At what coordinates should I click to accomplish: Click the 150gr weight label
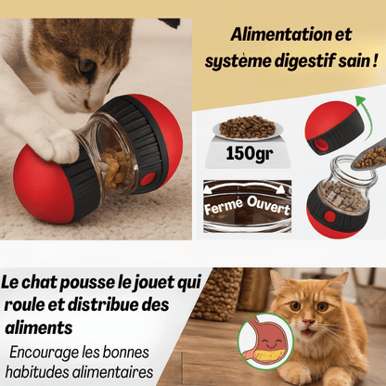250,153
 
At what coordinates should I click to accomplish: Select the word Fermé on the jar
224,206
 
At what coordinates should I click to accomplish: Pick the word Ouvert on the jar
268,205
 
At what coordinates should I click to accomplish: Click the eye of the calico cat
85,66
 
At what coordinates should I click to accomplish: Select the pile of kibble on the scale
248,126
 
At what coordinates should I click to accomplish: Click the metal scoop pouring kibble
368,158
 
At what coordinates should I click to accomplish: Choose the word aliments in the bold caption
39,328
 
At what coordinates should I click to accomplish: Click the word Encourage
44,353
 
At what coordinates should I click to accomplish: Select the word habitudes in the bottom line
37,372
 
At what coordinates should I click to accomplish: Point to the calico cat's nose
87,104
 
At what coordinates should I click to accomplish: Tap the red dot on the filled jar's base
329,216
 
